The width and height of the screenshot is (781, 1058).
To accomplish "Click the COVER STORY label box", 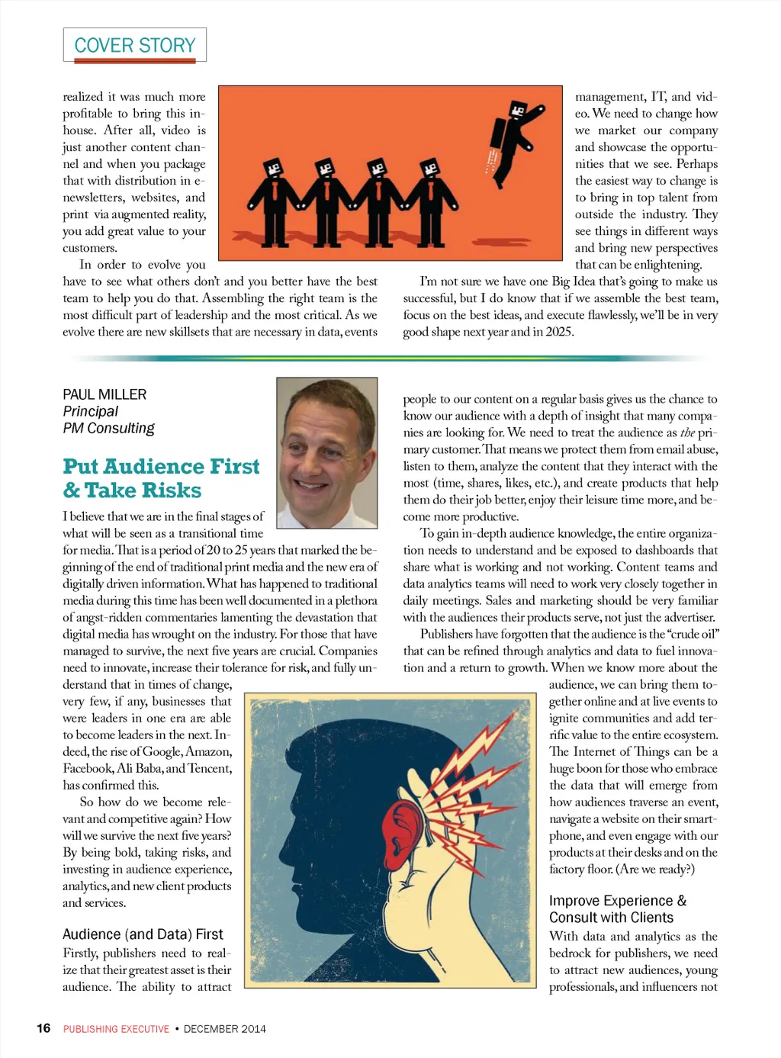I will [135, 45].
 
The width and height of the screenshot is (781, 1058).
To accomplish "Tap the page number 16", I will [43, 1028].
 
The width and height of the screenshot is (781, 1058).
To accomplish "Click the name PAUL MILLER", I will [104, 394].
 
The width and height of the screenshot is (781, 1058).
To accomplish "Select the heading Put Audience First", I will [161, 466].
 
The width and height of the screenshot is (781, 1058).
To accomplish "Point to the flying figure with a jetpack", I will [515, 137].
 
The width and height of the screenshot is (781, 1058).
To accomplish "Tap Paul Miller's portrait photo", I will [327, 452].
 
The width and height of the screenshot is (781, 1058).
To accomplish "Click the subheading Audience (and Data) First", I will [143, 934].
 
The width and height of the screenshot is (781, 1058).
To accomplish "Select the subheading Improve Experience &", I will [618, 901].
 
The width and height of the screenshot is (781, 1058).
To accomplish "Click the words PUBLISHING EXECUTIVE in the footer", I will [116, 1029].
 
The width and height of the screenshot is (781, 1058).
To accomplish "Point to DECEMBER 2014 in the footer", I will [225, 1029].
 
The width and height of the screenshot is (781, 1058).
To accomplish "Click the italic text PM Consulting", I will [108, 428].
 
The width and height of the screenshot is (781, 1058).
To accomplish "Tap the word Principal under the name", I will [90, 411].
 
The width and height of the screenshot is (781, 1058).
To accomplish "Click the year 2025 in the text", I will [559, 332].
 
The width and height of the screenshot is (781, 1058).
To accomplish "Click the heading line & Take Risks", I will [132, 490].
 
